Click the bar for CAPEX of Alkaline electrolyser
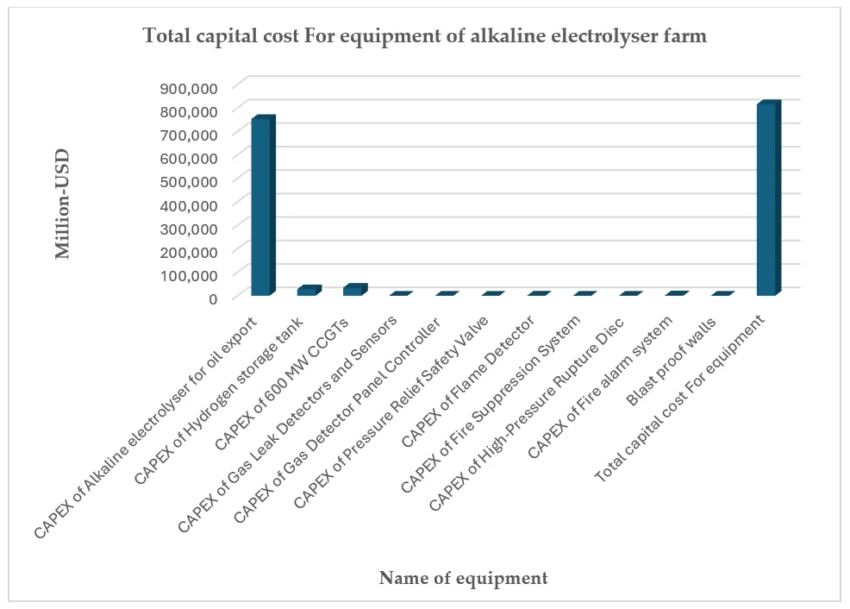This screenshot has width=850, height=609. (x=261, y=207)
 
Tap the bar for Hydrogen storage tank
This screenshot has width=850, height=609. (x=307, y=292)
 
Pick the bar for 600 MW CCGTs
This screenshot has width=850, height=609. (x=353, y=291)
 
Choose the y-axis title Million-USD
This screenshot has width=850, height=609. (x=63, y=204)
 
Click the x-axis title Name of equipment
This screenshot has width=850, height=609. (x=463, y=578)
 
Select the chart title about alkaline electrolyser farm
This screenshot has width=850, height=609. (x=424, y=35)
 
